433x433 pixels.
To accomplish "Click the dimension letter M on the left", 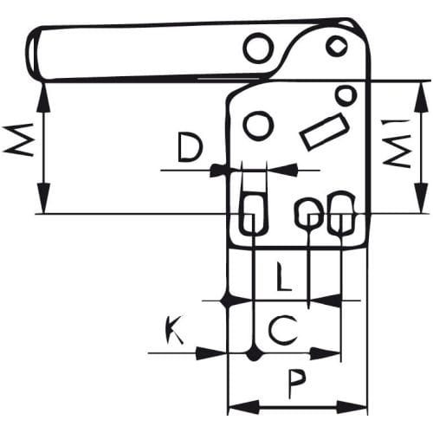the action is tap(17, 140).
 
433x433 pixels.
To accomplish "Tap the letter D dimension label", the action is tap(189, 147).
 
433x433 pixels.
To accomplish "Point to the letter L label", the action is tap(284, 276).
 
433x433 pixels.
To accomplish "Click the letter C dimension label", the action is tap(283, 331).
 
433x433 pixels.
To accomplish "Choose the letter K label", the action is tap(175, 329).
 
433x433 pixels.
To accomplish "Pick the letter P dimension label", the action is tap(296, 385).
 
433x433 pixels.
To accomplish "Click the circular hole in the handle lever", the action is tap(259, 48).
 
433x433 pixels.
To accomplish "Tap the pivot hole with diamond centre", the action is tap(337, 46).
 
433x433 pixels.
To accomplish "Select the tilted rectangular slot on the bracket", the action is tap(325, 132).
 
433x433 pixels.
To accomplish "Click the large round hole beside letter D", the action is tap(259, 126).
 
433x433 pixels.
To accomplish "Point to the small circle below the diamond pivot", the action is tap(346, 94).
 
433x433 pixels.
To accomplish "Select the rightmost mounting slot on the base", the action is tap(341, 212).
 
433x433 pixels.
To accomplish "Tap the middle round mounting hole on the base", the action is tap(308, 212).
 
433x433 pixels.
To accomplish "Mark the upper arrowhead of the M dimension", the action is tap(43, 97).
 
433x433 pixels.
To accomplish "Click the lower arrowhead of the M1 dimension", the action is tap(423, 197).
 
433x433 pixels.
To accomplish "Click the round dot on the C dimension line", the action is tap(254, 352).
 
